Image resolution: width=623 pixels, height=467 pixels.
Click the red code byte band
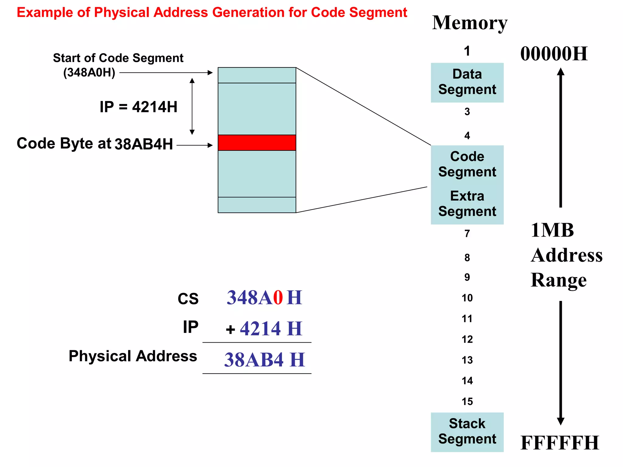(x=257, y=143)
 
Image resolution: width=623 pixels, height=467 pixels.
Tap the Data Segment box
(x=467, y=82)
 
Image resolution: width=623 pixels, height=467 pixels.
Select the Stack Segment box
(x=467, y=432)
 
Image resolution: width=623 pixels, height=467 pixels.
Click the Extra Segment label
(x=467, y=204)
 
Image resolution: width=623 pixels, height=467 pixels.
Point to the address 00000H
(x=554, y=54)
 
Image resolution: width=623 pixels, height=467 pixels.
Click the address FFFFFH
(x=560, y=443)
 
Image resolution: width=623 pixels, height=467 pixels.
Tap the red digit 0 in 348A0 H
(x=278, y=298)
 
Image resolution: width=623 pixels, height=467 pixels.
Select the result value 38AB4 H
(x=264, y=360)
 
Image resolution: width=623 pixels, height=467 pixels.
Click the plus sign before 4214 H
(x=231, y=329)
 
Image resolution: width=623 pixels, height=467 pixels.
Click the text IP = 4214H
(x=138, y=107)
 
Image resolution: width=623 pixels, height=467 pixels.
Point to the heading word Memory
(x=470, y=23)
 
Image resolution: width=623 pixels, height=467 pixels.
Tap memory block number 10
(x=467, y=298)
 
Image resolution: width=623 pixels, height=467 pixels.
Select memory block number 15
(x=467, y=401)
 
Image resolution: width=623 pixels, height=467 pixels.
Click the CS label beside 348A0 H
(x=188, y=299)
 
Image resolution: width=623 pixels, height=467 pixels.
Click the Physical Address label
(x=133, y=356)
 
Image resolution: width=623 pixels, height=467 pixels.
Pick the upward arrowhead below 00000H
(x=561, y=72)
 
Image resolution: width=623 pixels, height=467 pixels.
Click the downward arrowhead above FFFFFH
(x=561, y=421)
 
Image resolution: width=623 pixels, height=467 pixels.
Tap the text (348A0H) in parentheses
(x=89, y=73)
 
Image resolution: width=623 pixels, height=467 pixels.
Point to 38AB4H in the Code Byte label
(x=144, y=144)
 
